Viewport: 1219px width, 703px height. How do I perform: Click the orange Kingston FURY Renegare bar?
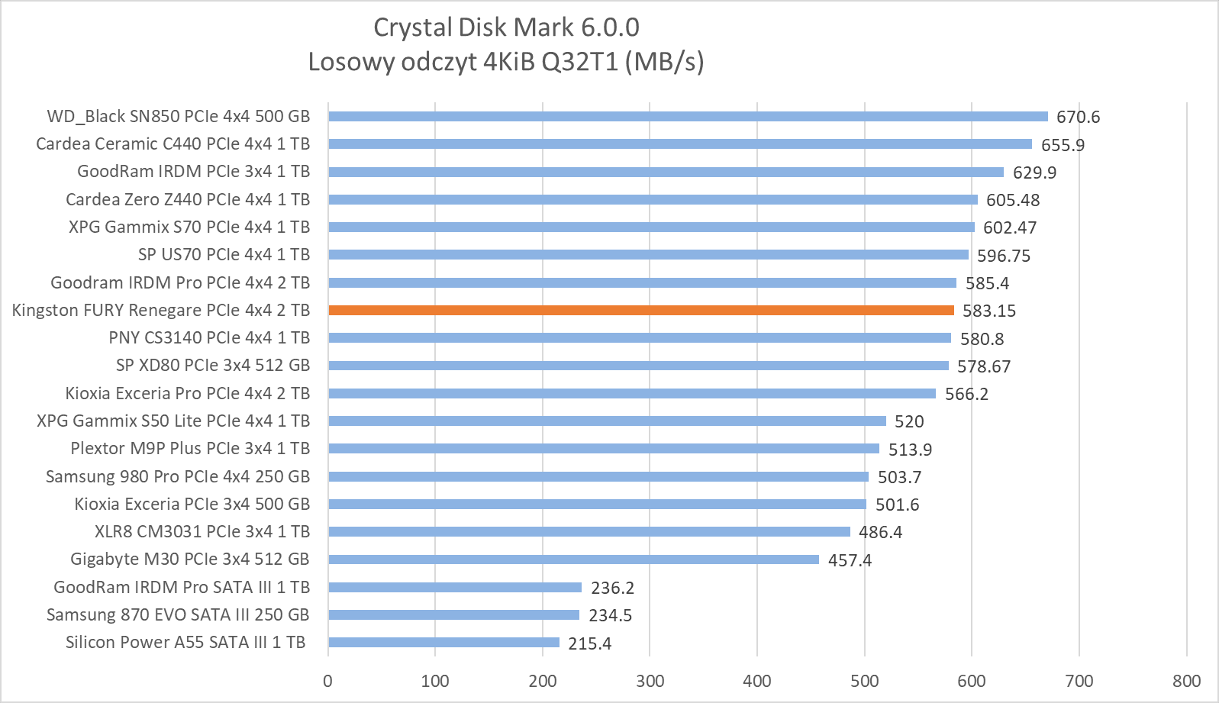[x=641, y=310]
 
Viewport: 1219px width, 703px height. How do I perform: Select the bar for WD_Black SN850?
[x=688, y=116]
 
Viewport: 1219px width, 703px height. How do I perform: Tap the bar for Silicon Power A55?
[x=443, y=643]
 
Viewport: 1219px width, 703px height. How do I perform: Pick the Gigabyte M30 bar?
[x=573, y=559]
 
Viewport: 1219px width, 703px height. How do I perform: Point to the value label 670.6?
[x=1078, y=117]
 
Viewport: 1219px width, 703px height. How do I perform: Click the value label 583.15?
[x=988, y=311]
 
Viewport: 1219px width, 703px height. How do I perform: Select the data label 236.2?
[x=612, y=588]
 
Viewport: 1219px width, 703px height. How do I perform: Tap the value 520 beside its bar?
[x=909, y=421]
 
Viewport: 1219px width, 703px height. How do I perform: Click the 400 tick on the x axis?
[x=757, y=681]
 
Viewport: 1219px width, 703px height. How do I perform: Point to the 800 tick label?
[x=1186, y=681]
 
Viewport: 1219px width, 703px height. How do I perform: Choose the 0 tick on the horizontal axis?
[x=328, y=681]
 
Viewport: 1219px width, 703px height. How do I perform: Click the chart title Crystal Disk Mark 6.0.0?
[x=506, y=27]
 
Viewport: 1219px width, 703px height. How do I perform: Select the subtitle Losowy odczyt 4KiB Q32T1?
[x=506, y=61]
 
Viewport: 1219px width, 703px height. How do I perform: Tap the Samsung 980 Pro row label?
[x=178, y=476]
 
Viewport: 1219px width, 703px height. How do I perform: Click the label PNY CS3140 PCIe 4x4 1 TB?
[x=209, y=337]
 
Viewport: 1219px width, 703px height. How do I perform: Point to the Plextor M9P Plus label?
[x=190, y=448]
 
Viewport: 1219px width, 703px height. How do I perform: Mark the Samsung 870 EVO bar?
[x=453, y=614]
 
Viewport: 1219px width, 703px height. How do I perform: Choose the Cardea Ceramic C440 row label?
[x=173, y=144]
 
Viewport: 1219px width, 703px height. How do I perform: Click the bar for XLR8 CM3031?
[x=589, y=531]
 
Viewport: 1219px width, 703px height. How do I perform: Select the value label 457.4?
[x=850, y=560]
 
